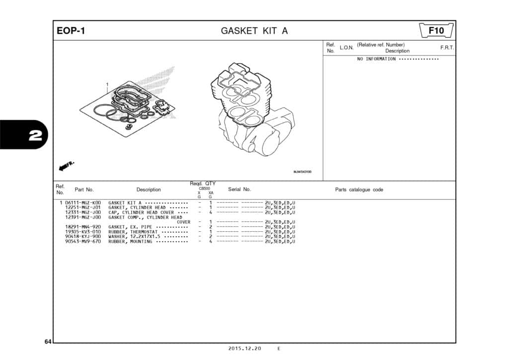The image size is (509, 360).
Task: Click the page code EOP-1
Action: (71, 31)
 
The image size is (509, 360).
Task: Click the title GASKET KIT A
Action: (254, 31)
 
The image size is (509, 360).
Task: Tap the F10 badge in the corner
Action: (436, 31)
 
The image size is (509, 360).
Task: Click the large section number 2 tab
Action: (35, 136)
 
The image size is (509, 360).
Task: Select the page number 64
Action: (48, 342)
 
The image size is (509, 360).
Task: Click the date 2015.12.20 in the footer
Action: (245, 349)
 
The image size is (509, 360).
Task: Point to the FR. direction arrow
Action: (67, 165)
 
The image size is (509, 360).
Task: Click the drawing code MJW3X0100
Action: (302, 172)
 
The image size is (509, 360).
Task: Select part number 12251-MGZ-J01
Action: (83, 208)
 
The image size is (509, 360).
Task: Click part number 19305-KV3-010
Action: (83, 232)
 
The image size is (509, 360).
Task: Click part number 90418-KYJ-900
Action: (83, 237)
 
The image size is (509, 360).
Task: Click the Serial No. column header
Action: (239, 189)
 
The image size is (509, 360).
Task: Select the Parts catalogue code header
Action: (359, 189)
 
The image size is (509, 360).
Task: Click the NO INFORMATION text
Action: (376, 59)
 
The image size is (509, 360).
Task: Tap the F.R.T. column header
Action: (447, 47)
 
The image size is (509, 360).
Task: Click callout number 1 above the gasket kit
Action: (107, 84)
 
